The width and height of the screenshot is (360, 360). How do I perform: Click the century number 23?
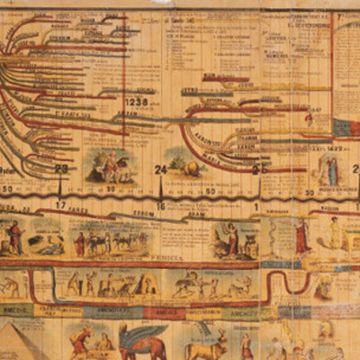point(61,168)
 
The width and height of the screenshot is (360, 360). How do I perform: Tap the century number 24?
point(161,168)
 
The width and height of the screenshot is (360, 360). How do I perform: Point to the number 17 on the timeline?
point(61,204)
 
